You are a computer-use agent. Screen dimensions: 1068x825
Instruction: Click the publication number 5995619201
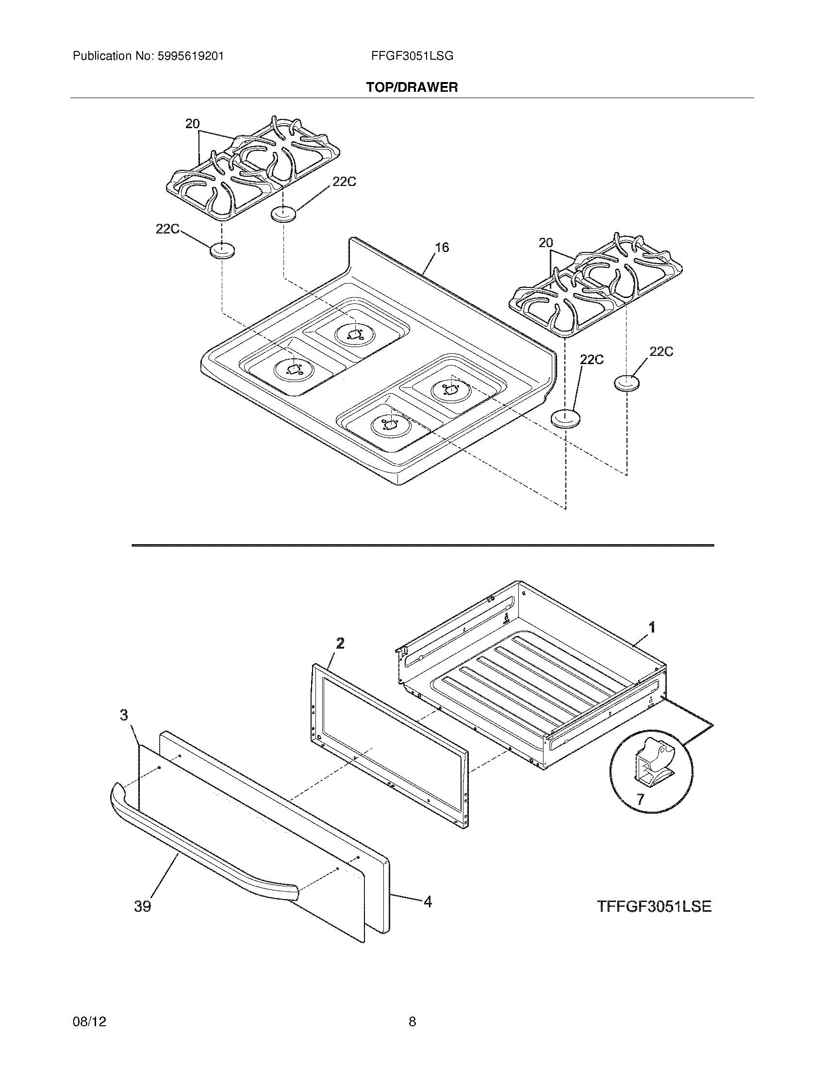[x=190, y=56]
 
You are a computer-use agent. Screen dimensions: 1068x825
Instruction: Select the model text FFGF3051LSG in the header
[x=412, y=56]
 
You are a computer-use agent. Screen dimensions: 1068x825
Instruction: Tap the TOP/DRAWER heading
[x=412, y=87]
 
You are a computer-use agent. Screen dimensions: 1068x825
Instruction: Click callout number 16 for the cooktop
[x=442, y=248]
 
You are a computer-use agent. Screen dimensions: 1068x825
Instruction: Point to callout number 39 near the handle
[x=143, y=907]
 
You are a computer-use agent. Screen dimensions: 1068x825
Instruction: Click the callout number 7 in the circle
[x=640, y=800]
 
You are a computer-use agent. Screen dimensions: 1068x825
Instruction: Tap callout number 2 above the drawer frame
[x=340, y=643]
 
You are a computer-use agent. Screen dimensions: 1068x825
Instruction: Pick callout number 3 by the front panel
[x=124, y=716]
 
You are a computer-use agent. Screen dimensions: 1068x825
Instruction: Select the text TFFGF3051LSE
[x=654, y=906]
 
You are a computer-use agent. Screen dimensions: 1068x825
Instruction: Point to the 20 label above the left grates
[x=192, y=124]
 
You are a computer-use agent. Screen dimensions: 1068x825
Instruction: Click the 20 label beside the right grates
[x=546, y=243]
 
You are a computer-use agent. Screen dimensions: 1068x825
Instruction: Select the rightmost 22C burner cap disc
[x=627, y=383]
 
